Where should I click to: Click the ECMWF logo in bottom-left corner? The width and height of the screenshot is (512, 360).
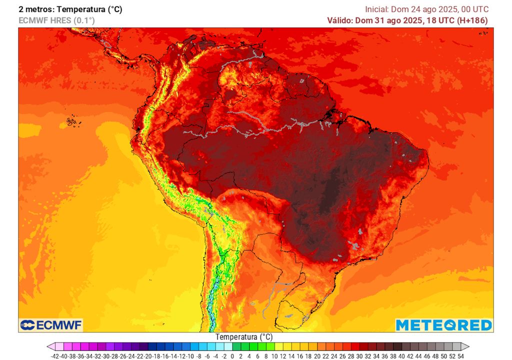[x=50, y=325]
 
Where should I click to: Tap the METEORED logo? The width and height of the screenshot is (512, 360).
[x=443, y=325]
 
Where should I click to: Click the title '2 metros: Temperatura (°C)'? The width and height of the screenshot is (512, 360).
[x=70, y=9]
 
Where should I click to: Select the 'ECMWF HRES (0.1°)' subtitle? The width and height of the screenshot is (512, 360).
[x=56, y=20]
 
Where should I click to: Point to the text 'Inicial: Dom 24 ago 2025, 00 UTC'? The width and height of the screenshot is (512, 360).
[x=426, y=9]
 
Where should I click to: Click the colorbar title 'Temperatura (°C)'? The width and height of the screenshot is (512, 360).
[x=244, y=337]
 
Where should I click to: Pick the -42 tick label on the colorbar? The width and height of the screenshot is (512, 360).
[x=55, y=356]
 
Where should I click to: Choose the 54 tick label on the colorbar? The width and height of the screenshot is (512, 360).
[x=460, y=356]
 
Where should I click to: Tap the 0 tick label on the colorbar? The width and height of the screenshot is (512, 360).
[x=233, y=356]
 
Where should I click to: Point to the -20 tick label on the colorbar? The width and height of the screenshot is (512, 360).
[x=148, y=356]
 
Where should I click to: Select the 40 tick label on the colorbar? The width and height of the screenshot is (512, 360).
[x=401, y=356]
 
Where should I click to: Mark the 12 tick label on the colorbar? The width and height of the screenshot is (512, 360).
[x=283, y=356]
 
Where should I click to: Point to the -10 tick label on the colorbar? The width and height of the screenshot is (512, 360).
[x=190, y=356]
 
